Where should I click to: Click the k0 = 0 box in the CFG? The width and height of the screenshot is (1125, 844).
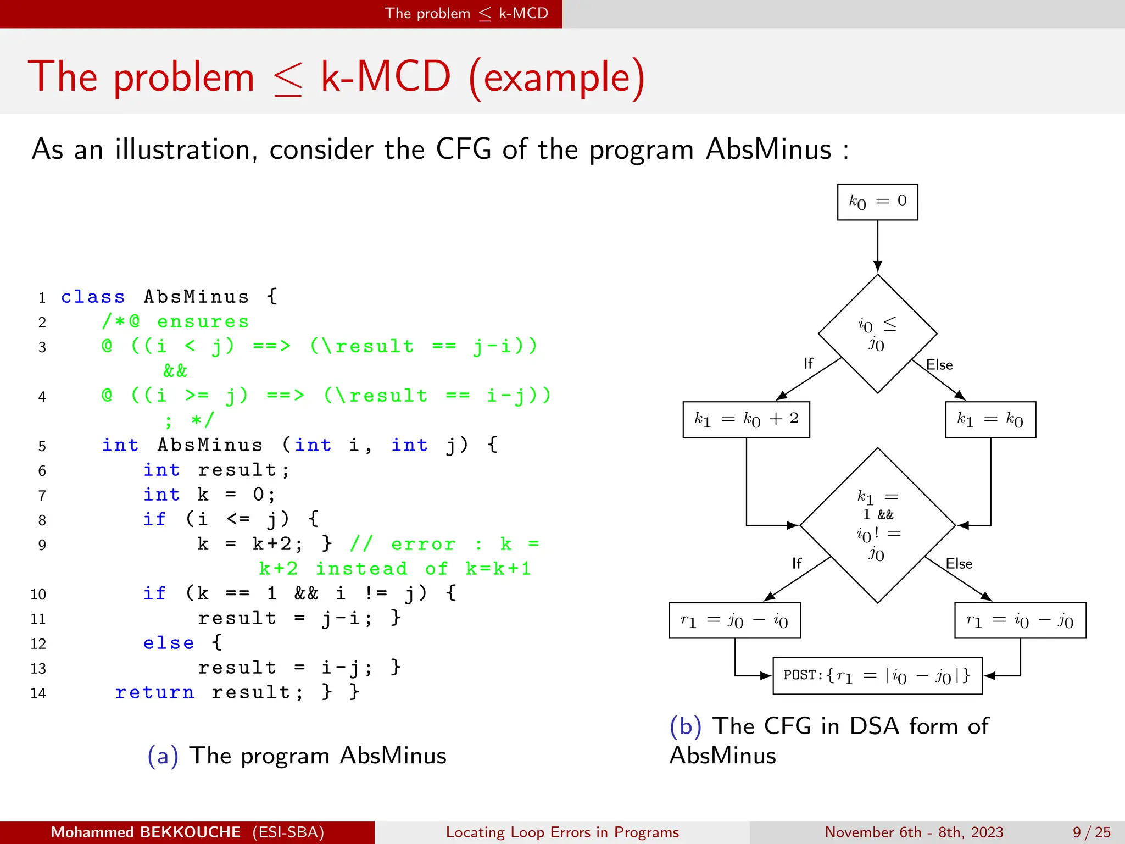coord(877,202)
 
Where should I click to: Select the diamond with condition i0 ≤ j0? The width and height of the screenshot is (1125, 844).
coord(877,334)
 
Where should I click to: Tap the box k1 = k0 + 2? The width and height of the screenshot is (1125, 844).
coord(746,419)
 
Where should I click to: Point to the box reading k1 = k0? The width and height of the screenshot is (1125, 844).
coord(990,419)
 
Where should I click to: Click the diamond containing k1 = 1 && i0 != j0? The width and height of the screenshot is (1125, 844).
coord(877,525)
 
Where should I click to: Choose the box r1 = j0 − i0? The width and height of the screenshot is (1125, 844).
coord(734,620)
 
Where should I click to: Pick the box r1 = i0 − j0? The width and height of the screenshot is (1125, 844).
coord(1020,620)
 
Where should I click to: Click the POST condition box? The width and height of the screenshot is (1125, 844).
coord(877,675)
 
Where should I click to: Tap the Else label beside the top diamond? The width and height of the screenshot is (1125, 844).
coord(939,365)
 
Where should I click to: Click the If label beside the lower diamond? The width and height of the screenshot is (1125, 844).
coord(797,563)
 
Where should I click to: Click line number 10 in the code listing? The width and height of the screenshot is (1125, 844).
coord(38,595)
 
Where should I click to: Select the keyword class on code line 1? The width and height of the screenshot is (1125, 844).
coord(93,297)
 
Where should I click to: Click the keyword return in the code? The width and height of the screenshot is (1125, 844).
coord(154,692)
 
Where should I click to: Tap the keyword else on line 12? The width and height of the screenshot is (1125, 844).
coord(168,643)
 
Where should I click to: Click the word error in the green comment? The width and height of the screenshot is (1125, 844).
coord(423,544)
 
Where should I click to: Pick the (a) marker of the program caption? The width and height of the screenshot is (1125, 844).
coord(163,756)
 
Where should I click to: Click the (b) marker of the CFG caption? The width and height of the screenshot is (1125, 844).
coord(685,726)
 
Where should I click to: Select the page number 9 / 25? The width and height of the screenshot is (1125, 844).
coord(1091,832)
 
